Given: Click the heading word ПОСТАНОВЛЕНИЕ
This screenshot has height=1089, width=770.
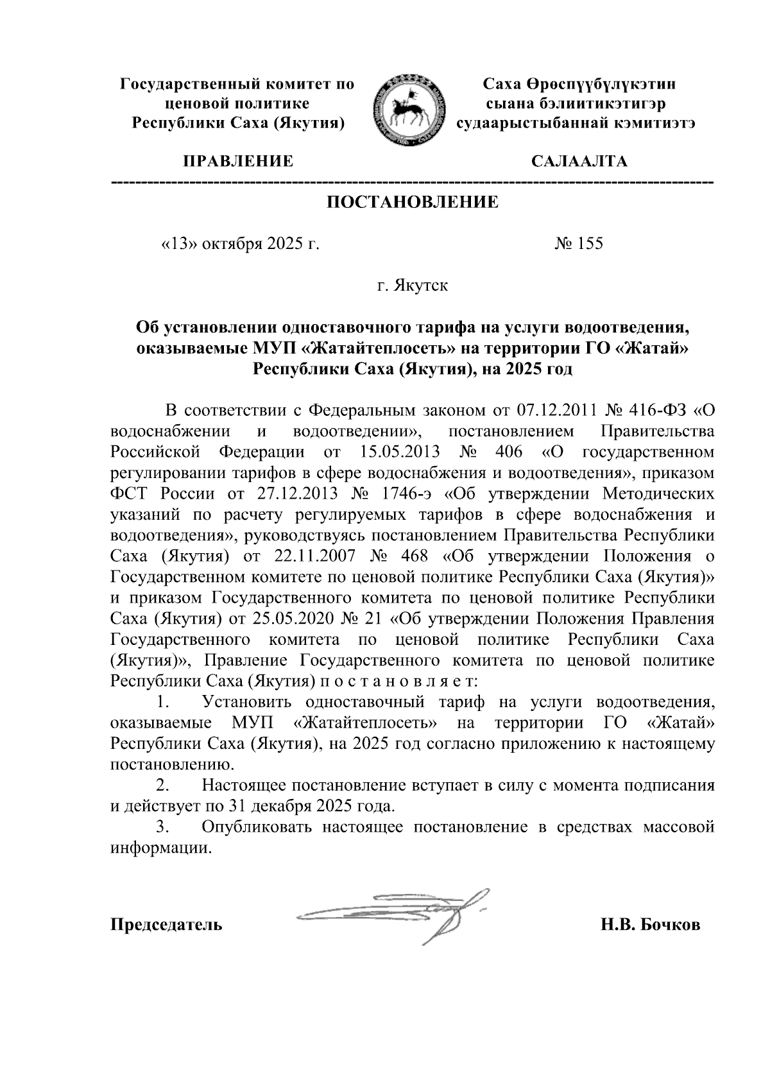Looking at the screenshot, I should click(413, 203).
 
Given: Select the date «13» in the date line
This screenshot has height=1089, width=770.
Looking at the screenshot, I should click(179, 244).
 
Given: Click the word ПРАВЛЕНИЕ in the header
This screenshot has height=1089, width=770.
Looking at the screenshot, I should click(238, 161).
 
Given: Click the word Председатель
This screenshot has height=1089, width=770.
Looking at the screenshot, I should click(167, 925).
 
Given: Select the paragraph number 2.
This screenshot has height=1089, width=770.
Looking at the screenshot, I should click(163, 785).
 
